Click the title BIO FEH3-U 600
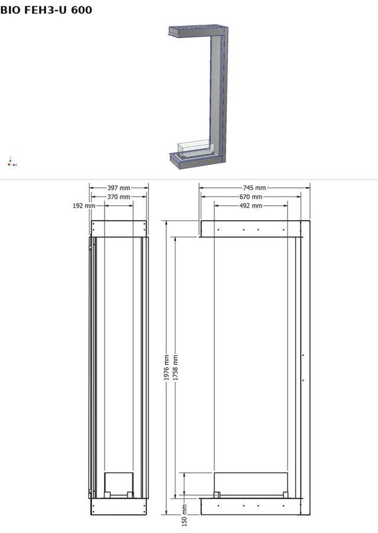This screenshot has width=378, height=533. (46, 10)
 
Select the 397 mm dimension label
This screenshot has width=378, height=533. (119, 188)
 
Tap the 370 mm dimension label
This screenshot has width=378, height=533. (119, 197)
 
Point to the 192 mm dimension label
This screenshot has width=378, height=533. (84, 205)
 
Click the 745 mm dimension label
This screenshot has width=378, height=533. (254, 188)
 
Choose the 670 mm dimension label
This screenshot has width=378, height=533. (251, 197)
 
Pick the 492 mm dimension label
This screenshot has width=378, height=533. (251, 205)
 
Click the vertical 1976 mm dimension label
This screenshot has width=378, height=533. (167, 368)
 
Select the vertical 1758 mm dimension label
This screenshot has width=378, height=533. (175, 368)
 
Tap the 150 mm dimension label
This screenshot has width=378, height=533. (184, 515)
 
